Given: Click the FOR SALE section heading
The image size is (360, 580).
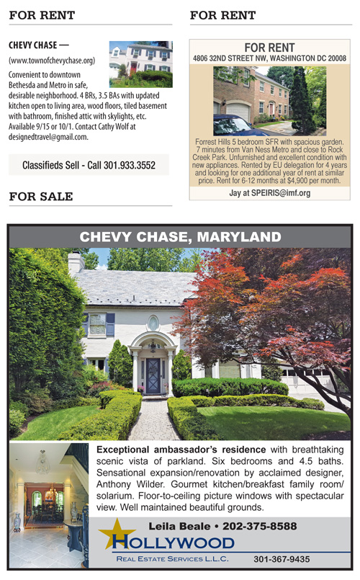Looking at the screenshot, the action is pos(41,196).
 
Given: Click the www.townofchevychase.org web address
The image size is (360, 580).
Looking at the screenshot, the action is pos(52,61).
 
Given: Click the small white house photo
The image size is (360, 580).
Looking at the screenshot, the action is pos(140,63).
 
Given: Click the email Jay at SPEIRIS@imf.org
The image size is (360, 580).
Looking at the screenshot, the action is pos(270,193).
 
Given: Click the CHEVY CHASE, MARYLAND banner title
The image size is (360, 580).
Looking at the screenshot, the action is pos(180,236).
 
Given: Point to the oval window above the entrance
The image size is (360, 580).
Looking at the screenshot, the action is pos(153,323).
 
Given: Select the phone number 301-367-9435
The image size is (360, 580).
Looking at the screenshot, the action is pos(282,558).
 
